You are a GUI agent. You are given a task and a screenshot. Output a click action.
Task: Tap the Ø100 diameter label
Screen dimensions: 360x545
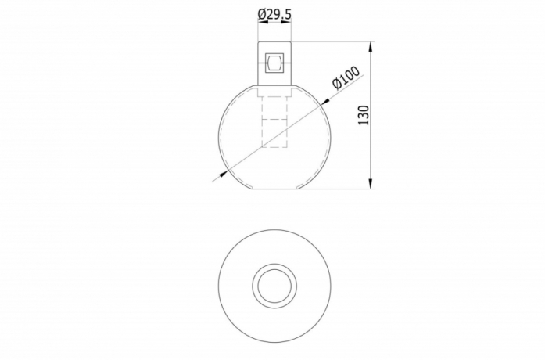coord(346,78)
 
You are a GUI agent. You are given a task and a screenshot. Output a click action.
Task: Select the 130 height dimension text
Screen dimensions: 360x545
coord(363,114)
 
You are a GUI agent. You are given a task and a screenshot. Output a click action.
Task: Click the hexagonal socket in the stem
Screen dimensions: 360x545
coord(274,62)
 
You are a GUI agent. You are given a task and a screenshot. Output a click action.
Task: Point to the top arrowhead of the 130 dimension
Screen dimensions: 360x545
coord(371,46)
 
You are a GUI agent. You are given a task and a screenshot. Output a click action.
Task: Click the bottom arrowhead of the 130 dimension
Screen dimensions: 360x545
coord(371,184)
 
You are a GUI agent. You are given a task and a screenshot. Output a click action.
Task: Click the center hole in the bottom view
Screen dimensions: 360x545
coord(274,286)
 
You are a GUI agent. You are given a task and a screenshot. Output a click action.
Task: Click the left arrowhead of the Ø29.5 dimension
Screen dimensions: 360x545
coord(260,24)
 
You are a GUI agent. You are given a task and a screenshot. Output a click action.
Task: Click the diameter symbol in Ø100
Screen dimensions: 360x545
coord(336,85)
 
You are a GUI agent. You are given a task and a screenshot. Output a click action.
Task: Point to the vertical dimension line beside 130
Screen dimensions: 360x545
coord(371,149)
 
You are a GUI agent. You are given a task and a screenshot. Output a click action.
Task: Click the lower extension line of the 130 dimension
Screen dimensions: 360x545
coord(336,189)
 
